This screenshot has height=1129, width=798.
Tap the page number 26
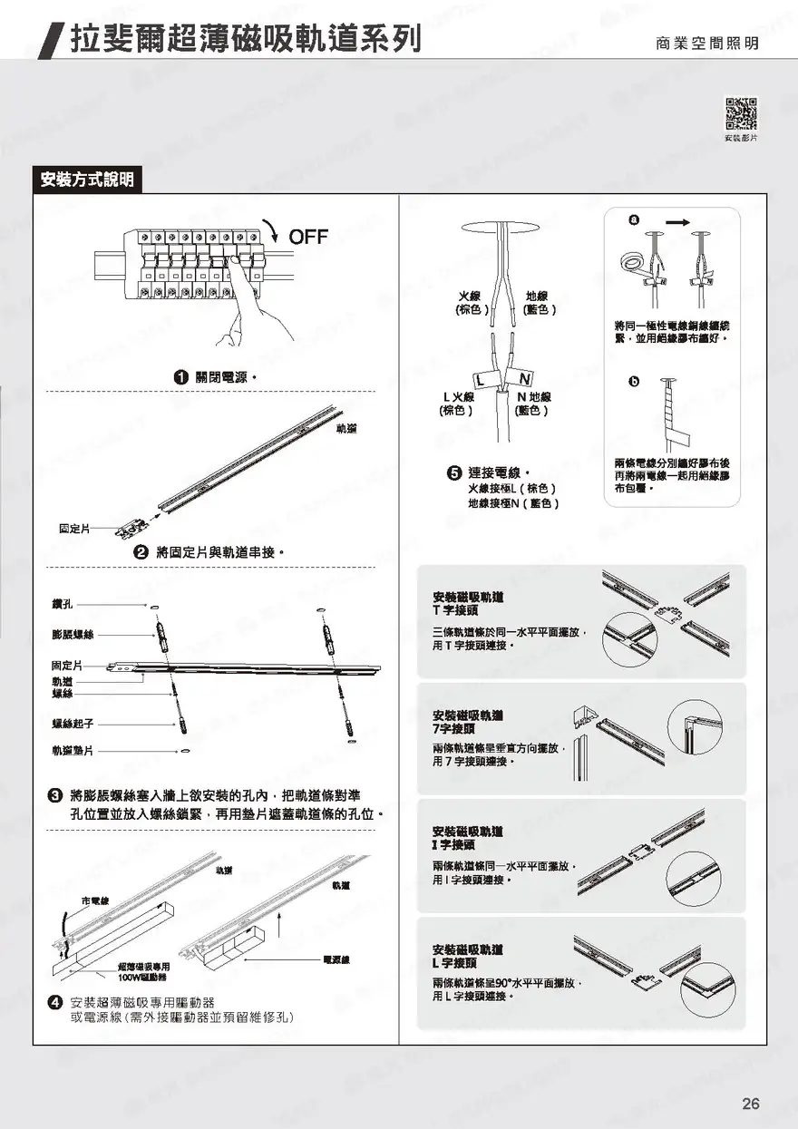(x=751, y=1104)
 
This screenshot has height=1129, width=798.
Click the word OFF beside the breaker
(x=308, y=238)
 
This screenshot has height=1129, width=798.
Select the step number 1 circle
(x=181, y=376)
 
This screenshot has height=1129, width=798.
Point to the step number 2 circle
(x=141, y=551)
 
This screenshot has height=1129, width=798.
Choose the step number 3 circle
(x=54, y=795)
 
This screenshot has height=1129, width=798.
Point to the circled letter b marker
(x=633, y=381)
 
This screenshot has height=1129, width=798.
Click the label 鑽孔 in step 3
(x=63, y=604)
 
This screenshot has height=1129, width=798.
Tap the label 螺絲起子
(x=73, y=724)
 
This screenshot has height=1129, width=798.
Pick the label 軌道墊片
(x=73, y=751)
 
